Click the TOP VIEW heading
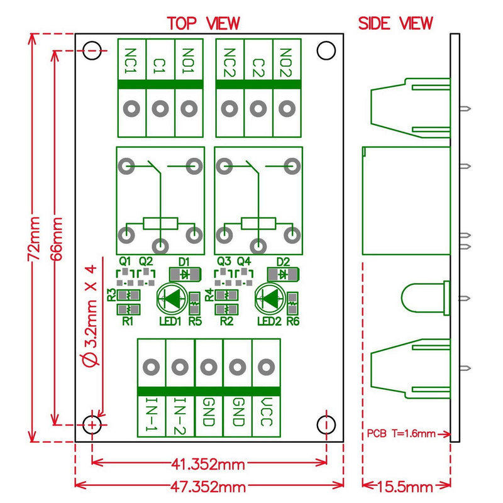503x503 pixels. (203, 23)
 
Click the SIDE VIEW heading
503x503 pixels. (395, 23)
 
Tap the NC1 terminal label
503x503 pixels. (132, 60)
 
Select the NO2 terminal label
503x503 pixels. (286, 60)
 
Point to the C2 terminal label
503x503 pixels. (258, 60)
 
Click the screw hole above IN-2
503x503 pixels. (180, 367)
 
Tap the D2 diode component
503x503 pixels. (284, 274)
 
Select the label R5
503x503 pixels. (194, 323)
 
